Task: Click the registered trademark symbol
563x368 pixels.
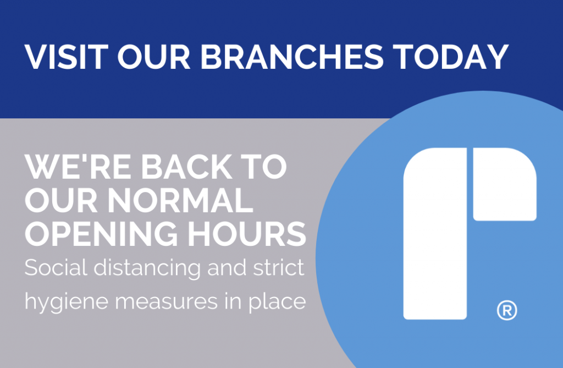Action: tap(506, 311)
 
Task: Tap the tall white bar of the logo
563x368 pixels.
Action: tap(435, 237)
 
